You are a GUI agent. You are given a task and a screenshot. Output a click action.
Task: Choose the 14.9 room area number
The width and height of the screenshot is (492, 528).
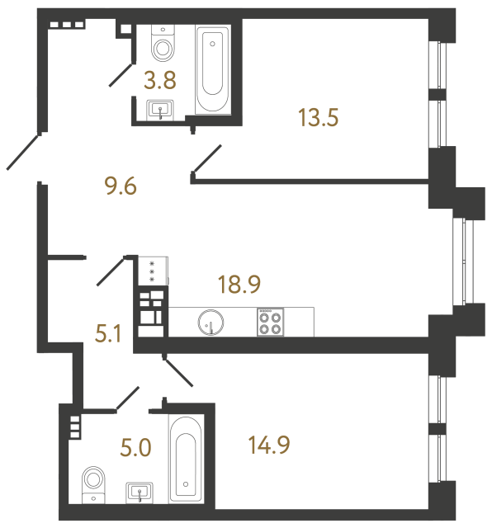[x=269, y=446]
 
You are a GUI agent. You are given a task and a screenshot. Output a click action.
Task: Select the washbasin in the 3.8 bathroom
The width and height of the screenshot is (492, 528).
[x=161, y=110]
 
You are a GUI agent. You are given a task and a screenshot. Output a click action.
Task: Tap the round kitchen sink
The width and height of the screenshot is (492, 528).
[x=211, y=321]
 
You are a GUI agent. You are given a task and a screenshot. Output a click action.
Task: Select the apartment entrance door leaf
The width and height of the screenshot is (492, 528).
[x=23, y=153]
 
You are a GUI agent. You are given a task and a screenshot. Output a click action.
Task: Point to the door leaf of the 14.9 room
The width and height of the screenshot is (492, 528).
[x=178, y=372]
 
